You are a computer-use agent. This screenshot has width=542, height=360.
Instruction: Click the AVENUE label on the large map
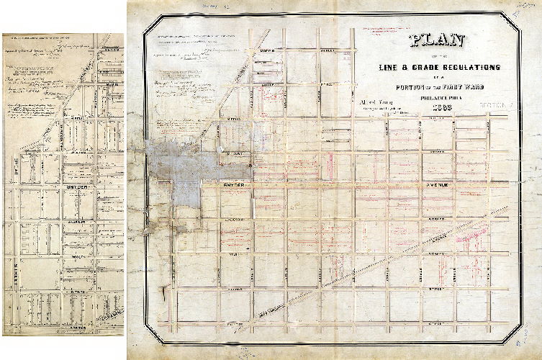[436, 185]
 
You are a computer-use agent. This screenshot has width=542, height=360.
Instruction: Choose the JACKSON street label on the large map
[240, 218]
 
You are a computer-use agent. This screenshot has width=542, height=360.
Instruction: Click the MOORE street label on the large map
[268, 51]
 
